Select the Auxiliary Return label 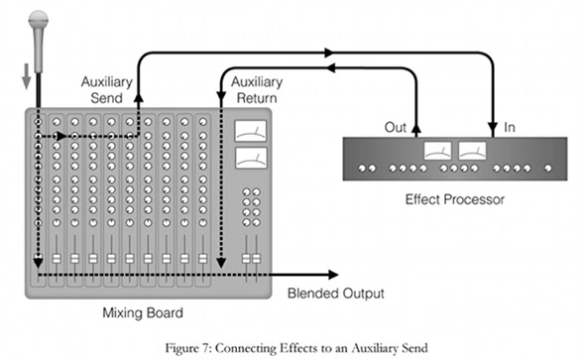(252, 90)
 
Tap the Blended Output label (334, 293)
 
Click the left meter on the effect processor (437, 151)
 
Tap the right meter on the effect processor (472, 151)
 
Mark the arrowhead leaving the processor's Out (415, 124)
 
